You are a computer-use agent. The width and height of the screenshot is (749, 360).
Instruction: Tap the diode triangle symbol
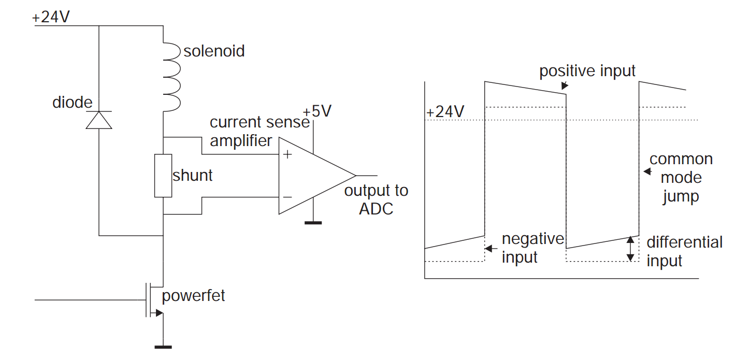tap(98, 120)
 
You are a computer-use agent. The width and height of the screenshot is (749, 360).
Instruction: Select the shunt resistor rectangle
tap(163, 176)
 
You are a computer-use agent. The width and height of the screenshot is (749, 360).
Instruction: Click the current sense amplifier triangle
tap(311, 175)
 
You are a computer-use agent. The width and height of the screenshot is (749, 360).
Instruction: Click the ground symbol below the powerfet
tap(163, 347)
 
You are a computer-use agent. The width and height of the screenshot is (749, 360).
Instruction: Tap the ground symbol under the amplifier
tap(313, 223)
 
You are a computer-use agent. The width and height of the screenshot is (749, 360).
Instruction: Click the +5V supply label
tap(317, 111)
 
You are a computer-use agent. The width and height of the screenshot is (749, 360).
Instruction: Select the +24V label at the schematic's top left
tap(51, 17)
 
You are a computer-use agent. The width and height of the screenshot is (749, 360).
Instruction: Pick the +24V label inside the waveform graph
tap(445, 112)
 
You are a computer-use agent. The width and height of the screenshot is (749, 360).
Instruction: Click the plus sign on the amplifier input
tap(286, 154)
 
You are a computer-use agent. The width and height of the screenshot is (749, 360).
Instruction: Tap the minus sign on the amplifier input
tap(286, 197)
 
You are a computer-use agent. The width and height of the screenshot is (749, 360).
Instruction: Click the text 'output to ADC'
tap(376, 199)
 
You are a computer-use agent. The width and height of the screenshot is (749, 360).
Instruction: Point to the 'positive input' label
tap(587, 70)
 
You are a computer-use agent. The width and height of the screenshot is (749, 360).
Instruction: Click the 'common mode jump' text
tap(681, 178)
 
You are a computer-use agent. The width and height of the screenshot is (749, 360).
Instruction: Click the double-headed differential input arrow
tap(630, 248)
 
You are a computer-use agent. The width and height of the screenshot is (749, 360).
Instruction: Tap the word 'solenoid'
tap(214, 51)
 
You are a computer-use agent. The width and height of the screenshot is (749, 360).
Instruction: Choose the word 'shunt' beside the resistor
tap(192, 175)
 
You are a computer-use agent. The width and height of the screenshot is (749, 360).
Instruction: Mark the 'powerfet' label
tap(193, 296)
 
